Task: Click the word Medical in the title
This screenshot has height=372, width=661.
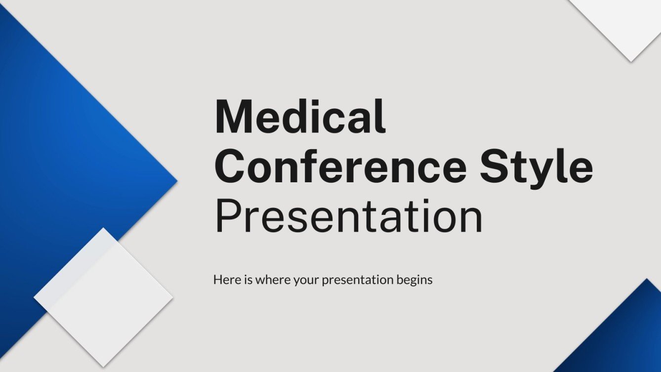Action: (300, 117)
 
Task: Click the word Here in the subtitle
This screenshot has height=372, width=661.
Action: (225, 280)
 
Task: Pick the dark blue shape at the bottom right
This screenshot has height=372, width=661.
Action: (627, 336)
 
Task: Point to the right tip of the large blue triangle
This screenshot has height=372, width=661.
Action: (175, 181)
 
